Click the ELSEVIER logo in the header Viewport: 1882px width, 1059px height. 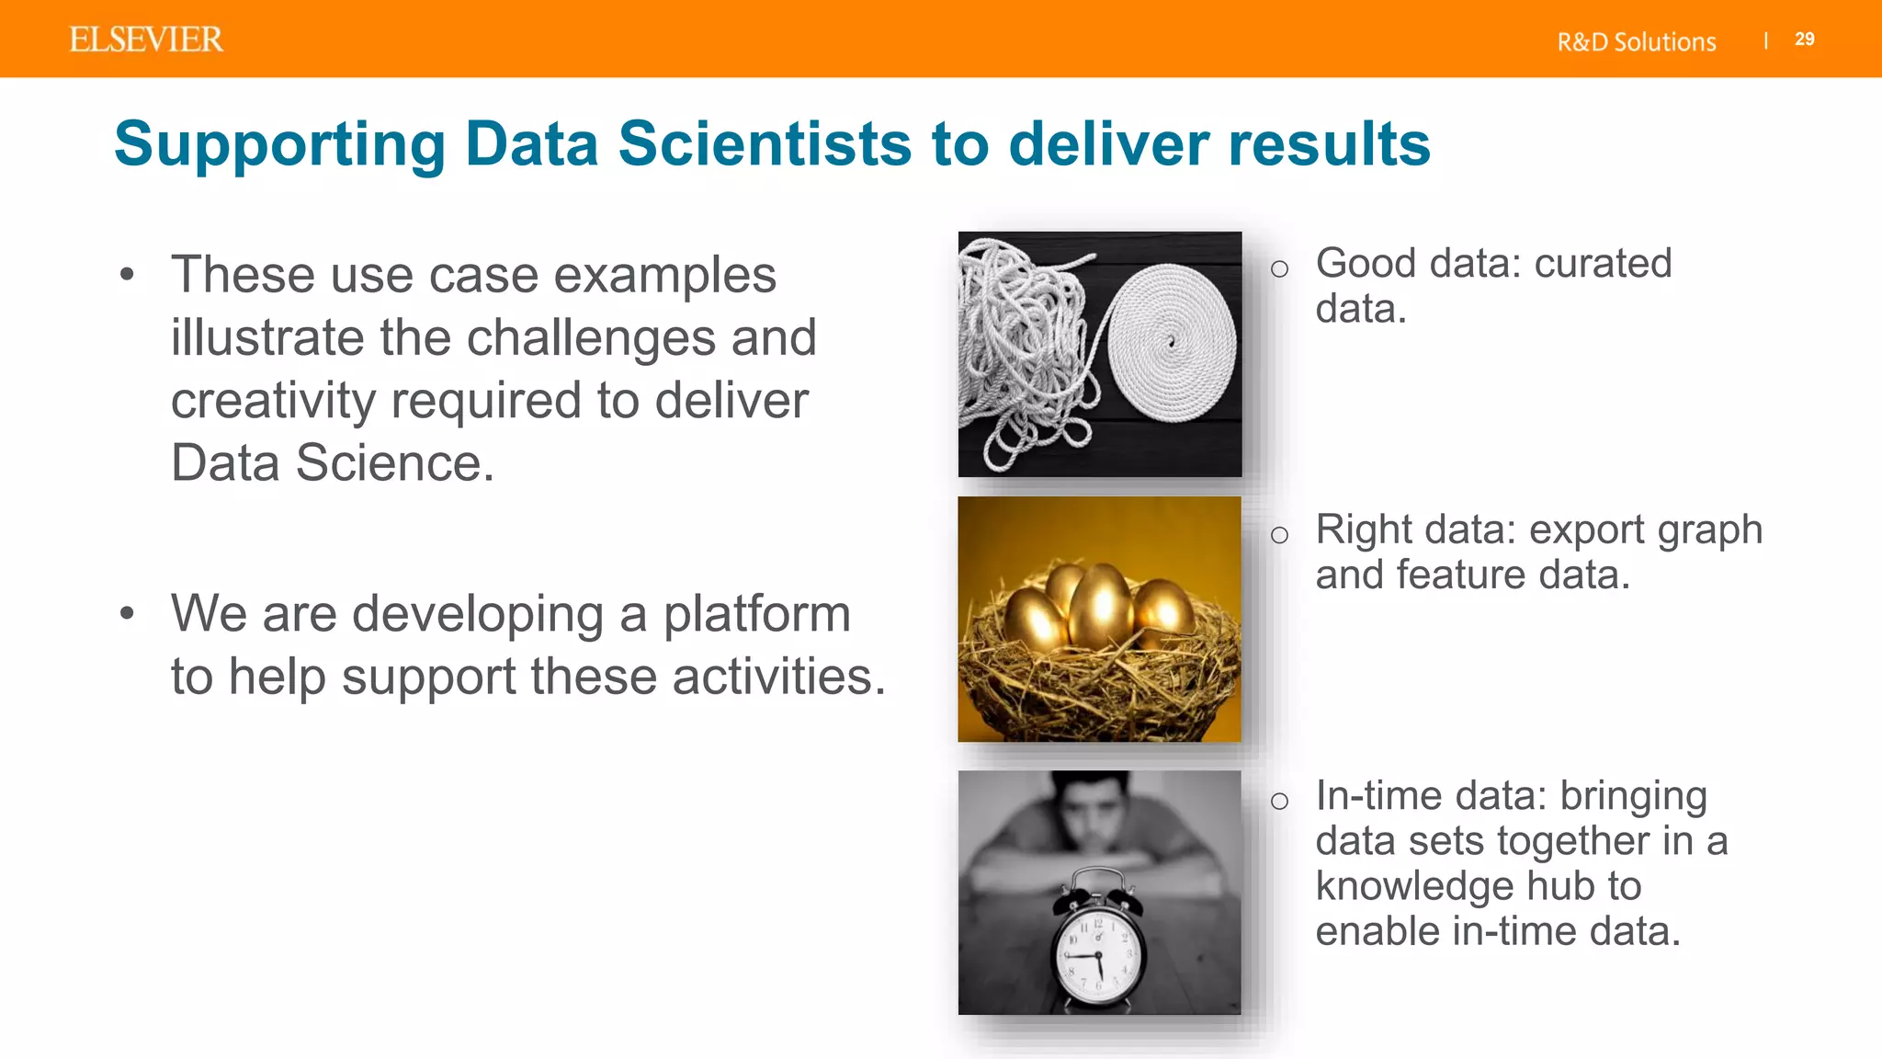coord(146,40)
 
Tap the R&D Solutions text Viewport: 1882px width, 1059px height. coord(1636,42)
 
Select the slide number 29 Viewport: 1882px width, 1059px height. coord(1804,40)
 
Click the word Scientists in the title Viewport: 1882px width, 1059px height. coord(765,144)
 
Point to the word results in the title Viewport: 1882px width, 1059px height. coord(1329,144)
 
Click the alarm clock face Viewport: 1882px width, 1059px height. coord(1096,956)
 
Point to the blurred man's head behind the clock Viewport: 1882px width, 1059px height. coord(1094,809)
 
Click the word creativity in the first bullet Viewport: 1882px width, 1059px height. coord(272,401)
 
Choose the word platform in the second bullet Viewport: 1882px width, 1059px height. coord(756,614)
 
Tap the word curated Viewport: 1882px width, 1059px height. coord(1603,264)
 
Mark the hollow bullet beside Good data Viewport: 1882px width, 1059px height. coord(1279,269)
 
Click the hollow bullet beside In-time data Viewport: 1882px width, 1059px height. coord(1279,802)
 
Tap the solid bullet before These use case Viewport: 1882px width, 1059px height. coord(127,274)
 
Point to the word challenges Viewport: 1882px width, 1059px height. coord(594,338)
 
